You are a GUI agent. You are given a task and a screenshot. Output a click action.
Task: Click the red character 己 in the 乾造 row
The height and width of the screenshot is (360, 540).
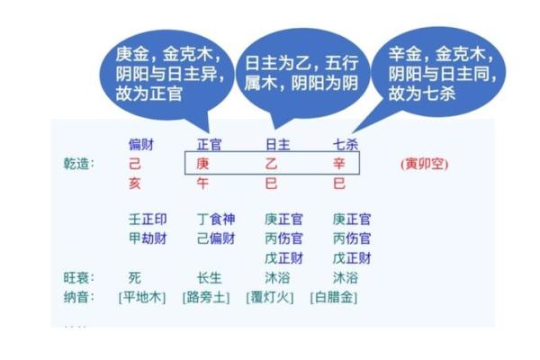pos(135,165)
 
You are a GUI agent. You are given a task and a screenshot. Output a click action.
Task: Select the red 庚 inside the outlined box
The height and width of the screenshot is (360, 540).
pos(203,165)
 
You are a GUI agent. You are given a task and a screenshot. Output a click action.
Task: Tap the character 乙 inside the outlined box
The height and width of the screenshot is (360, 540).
pos(271,165)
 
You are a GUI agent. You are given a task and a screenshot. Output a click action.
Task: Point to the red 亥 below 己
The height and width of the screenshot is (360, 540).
pos(135,184)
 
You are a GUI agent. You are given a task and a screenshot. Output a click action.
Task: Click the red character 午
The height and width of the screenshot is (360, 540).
pos(203,184)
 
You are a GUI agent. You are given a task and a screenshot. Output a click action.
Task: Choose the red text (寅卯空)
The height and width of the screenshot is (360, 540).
pos(424,165)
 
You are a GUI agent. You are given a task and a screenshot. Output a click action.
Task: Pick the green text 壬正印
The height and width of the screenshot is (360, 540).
pos(148,219)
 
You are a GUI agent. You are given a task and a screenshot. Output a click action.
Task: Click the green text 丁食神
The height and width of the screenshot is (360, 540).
pos(216,219)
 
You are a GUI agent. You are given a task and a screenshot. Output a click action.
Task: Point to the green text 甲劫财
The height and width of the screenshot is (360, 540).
pos(148,238)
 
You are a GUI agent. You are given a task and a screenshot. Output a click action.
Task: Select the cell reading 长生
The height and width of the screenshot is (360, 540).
pos(210,277)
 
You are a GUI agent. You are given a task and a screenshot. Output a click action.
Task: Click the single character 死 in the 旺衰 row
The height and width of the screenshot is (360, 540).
pos(135,277)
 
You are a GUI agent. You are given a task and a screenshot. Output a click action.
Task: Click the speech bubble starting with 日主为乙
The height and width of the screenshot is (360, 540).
pos(286,73)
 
